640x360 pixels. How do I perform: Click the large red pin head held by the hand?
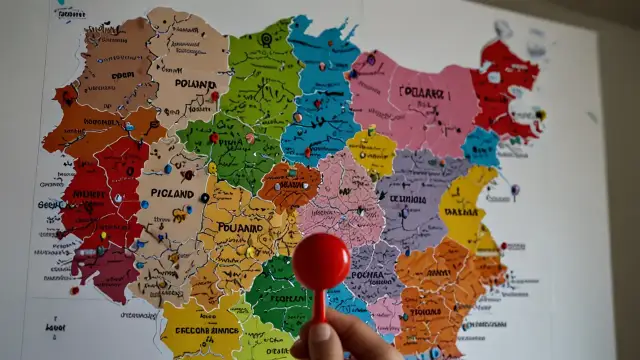321,261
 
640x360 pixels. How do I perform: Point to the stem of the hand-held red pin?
320,304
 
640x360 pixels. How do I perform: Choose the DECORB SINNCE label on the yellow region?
200,330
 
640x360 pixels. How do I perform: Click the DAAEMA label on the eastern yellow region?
462,213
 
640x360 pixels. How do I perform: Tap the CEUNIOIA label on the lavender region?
408,199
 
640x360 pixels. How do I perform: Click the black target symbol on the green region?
266,39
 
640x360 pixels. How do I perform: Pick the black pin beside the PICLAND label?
204,198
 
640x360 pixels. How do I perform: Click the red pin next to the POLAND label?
214,97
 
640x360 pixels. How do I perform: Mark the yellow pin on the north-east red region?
541,114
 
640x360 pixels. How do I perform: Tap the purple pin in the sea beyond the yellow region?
515,188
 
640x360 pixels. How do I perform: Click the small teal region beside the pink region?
481,147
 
